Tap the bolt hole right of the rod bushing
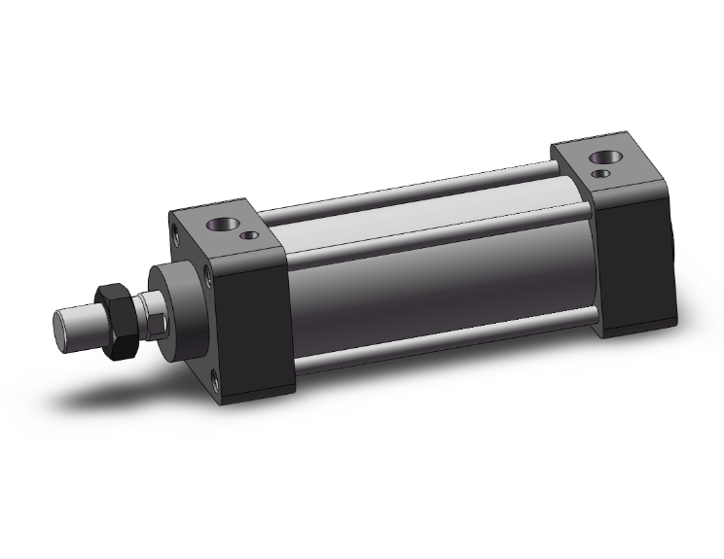pos(208,283)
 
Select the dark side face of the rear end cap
pos(633,262)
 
